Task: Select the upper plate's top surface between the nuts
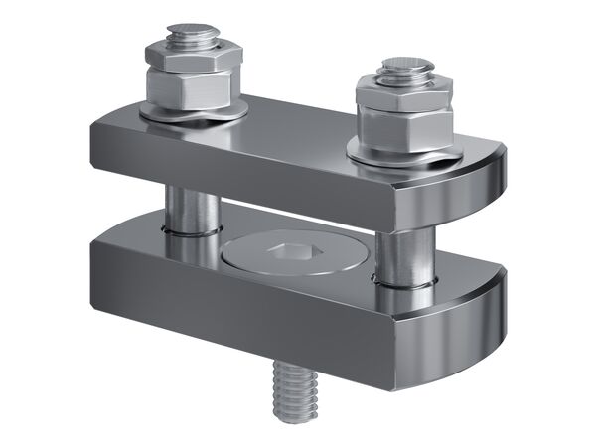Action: point(298,124)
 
